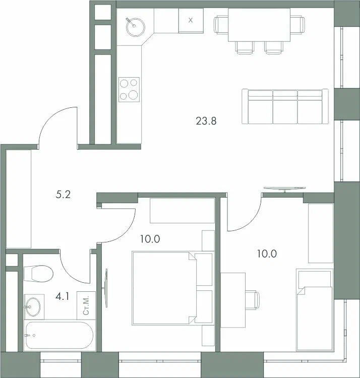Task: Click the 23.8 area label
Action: click(x=206, y=121)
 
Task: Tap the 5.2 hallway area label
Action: click(x=63, y=195)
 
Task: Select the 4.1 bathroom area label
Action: click(x=62, y=296)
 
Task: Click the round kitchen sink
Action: click(x=135, y=27)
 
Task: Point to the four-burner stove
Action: click(x=129, y=89)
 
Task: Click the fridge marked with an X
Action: click(x=191, y=21)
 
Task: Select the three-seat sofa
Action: click(x=285, y=106)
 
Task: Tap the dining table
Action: click(x=259, y=25)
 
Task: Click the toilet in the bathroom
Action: click(x=39, y=274)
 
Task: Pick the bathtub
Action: click(x=59, y=335)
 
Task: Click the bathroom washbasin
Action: click(x=33, y=306)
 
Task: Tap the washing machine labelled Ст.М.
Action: click(x=86, y=305)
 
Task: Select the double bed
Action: click(x=172, y=288)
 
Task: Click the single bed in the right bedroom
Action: click(x=315, y=309)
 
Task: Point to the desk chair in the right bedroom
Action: click(x=253, y=300)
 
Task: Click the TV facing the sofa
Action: click(x=285, y=188)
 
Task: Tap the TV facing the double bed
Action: click(x=105, y=288)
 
